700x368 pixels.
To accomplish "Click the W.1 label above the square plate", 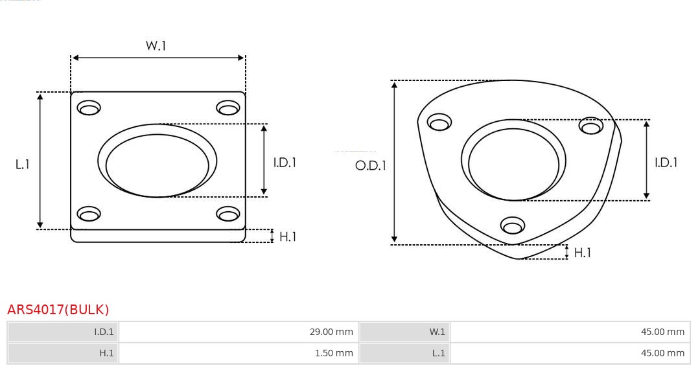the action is (156, 45).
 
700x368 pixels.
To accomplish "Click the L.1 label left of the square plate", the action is (22, 165).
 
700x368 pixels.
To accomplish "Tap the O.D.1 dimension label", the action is (371, 165).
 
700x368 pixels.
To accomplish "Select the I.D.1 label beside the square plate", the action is (285, 163).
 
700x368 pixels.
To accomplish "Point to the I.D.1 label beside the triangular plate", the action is (666, 163).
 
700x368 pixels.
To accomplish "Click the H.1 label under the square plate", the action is (288, 237).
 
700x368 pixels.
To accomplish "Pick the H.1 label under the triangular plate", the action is (583, 253).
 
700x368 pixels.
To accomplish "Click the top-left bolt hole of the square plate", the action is (89, 108).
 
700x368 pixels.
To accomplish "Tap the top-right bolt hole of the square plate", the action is (228, 108).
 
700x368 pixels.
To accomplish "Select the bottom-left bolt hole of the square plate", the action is (89, 214).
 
